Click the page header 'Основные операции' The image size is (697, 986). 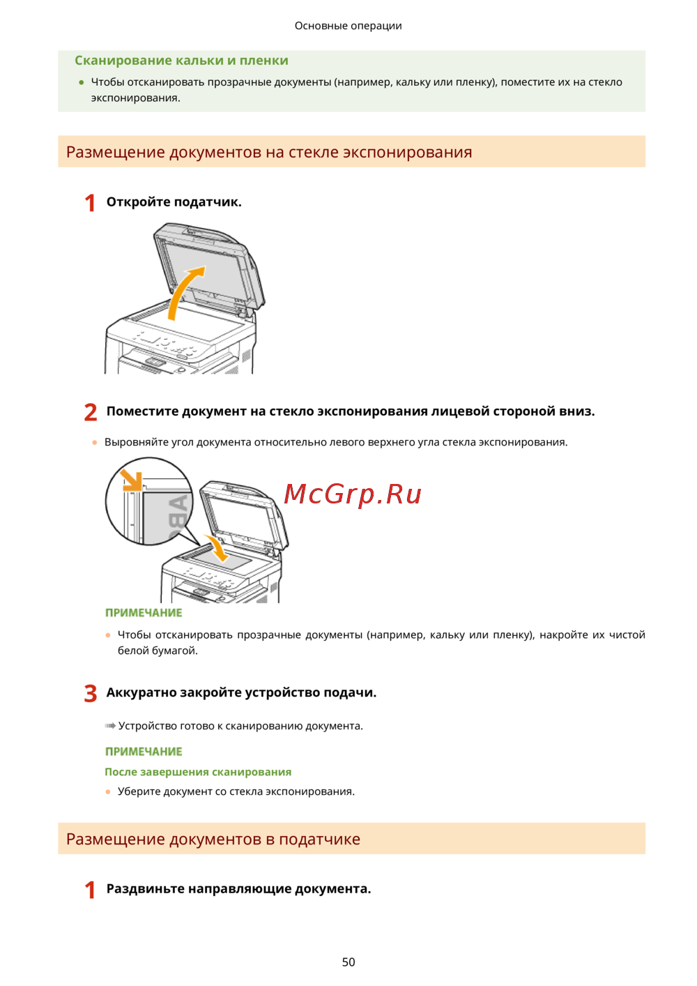[348, 26]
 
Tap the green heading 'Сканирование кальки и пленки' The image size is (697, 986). [181, 60]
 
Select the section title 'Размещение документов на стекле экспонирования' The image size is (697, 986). [269, 152]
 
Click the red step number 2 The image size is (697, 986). [90, 412]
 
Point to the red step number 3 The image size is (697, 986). [90, 694]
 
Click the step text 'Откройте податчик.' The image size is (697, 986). [174, 202]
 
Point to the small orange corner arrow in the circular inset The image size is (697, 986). [132, 480]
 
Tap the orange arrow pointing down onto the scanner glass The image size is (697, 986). [217, 547]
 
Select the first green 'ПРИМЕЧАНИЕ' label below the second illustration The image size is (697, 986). [144, 613]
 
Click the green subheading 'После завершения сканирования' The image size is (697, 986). [198, 772]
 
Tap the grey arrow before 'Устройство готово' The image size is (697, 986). [110, 725]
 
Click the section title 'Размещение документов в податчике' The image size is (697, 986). [213, 839]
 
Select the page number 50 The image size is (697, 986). [348, 962]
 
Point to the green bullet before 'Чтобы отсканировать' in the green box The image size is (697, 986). [82, 82]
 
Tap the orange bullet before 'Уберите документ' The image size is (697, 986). [108, 791]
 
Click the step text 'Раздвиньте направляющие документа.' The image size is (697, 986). [238, 888]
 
